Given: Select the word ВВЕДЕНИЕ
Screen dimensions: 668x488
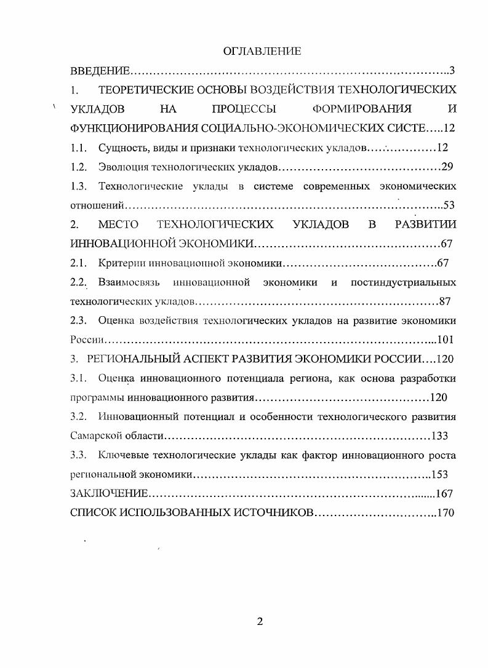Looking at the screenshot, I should pos(99,71).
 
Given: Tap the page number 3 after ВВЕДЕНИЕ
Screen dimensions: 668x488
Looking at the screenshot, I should pos(452,71).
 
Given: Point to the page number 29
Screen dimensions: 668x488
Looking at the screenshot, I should pos(447,167).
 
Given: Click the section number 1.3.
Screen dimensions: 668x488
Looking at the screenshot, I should pos(79,186).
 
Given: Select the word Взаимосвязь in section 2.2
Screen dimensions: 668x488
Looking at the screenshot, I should pos(129,282).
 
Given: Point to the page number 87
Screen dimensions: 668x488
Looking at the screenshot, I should pos(446,301).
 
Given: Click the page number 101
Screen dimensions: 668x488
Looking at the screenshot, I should pos(445,340).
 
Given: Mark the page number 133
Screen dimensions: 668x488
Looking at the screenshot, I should pos(439,436).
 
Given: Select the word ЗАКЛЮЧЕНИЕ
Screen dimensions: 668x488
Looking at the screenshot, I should pos(110,493).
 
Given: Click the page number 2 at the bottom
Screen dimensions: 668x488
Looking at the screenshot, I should pos(260,621).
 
